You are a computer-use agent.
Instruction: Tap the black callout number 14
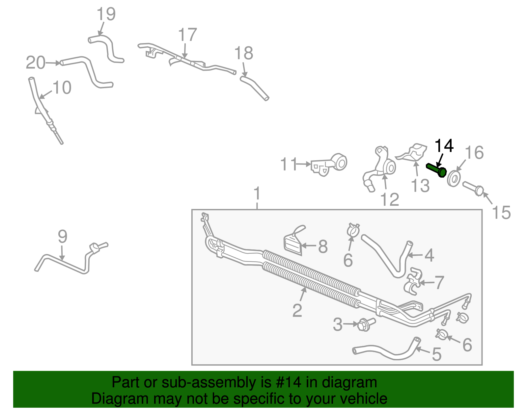[444, 146]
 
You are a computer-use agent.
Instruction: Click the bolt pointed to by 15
[474, 189]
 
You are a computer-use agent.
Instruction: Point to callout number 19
[106, 14]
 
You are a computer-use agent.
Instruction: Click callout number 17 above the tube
[187, 35]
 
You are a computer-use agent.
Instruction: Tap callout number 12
[390, 199]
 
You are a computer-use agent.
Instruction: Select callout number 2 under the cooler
[297, 310]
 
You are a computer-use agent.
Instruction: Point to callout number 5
[436, 354]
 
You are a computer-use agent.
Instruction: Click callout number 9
[62, 237]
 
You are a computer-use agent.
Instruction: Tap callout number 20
[35, 63]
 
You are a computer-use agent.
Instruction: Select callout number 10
[62, 88]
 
